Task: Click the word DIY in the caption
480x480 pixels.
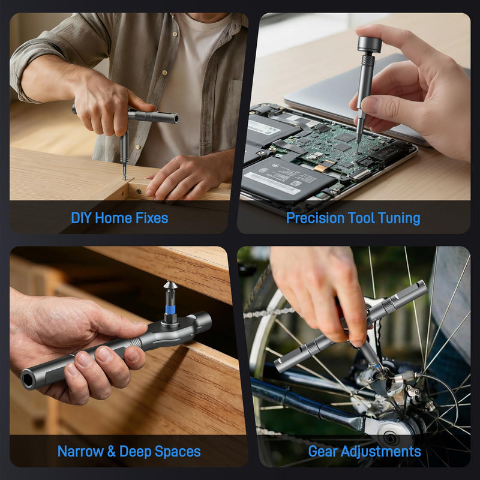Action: pos(81,218)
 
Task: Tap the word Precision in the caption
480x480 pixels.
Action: pos(315,218)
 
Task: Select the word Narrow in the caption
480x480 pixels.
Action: pos(80,451)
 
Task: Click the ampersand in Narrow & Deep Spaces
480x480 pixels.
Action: pos(112,451)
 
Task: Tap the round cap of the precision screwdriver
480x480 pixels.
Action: pos(370,44)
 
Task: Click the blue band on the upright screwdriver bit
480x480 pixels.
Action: pos(170,310)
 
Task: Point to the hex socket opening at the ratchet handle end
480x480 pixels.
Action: pos(28,380)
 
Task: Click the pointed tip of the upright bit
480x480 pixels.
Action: pos(168,282)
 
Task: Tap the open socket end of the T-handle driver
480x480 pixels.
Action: pos(175,118)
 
